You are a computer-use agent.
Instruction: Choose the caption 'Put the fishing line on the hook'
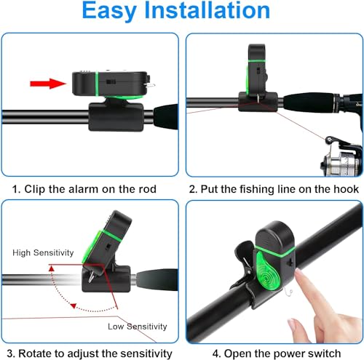(x=274, y=190)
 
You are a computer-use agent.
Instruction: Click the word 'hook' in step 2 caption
(x=345, y=190)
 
